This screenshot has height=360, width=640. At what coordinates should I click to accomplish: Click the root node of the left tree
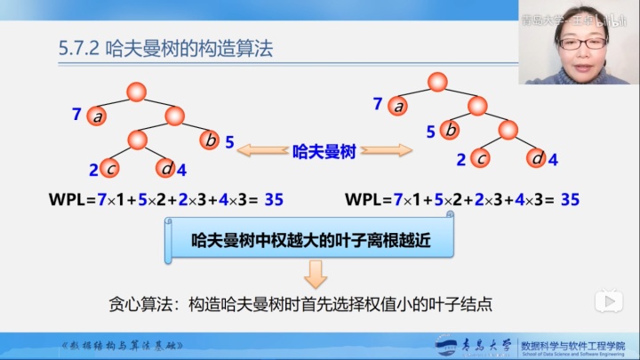point(136,91)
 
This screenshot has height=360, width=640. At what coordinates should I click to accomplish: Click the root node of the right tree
point(436,83)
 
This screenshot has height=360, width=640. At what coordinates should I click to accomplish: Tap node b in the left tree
point(210,140)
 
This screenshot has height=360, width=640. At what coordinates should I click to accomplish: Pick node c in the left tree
point(110,167)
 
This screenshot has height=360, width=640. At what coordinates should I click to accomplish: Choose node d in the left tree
point(164,167)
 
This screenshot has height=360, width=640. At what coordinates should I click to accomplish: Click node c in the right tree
point(481,158)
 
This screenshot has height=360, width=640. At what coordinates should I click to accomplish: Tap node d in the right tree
point(535,158)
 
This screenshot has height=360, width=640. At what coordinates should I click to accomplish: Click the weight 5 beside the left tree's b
point(228,141)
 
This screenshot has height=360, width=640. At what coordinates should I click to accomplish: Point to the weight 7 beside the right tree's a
point(378,104)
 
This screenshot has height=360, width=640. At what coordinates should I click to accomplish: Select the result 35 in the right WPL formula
point(570,199)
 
